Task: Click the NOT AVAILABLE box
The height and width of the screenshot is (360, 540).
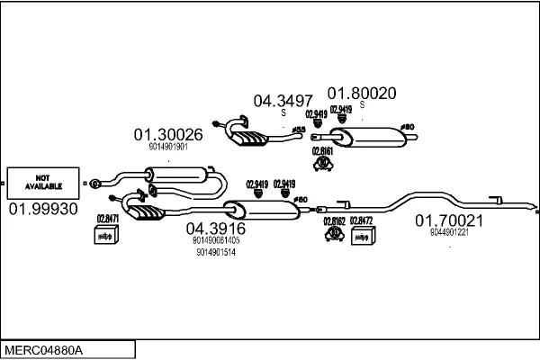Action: click(42, 184)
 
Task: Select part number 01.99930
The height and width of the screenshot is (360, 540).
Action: click(43, 209)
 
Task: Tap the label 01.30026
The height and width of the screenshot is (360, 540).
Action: click(168, 135)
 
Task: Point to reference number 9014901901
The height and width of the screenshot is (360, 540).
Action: click(167, 148)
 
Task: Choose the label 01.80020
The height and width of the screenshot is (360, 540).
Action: click(361, 92)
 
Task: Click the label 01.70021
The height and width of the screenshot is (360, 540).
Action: click(449, 220)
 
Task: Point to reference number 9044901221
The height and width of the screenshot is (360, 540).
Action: click(449, 232)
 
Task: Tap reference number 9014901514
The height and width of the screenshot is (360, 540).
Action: click(215, 252)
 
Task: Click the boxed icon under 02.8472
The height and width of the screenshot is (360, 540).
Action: click(361, 236)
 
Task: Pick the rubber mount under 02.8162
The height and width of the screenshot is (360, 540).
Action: click(334, 234)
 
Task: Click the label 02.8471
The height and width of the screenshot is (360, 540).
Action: click(107, 219)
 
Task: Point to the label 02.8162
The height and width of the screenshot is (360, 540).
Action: click(334, 220)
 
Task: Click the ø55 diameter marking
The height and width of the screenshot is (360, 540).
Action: click(300, 130)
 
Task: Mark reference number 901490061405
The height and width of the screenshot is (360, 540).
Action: click(216, 240)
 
